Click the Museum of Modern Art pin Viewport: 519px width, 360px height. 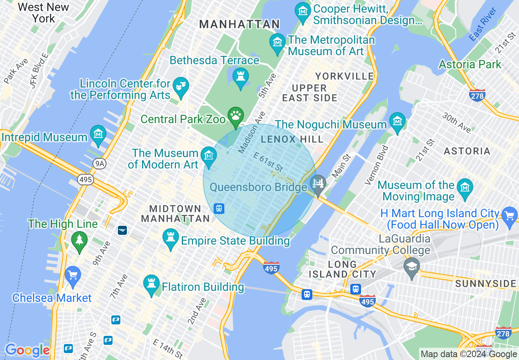pyautogui.click(x=209, y=157)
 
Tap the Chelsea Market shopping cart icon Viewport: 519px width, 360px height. pyautogui.click(x=73, y=276)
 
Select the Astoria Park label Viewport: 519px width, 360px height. pyautogui.click(x=470, y=64)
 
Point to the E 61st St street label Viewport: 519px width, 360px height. pyautogui.click(x=268, y=162)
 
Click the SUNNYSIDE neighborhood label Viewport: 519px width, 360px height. pyautogui.click(x=485, y=283)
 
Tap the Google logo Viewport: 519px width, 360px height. pyautogui.click(x=27, y=350)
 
